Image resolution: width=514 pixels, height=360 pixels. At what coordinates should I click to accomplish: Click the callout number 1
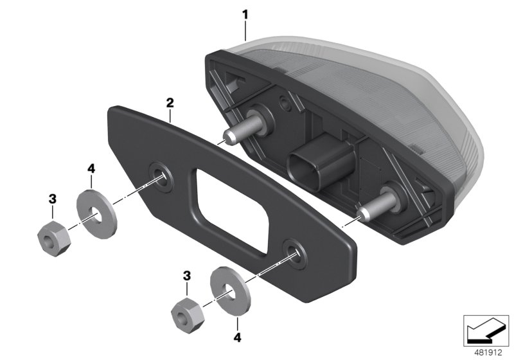(245, 13)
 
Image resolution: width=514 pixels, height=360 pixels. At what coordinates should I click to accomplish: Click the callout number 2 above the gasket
(170, 102)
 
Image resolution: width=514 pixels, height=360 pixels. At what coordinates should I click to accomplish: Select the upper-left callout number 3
(52, 201)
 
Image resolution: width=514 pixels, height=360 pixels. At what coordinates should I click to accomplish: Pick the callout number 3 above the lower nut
(186, 275)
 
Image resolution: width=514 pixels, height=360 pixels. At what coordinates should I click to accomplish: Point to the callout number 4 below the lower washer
(238, 336)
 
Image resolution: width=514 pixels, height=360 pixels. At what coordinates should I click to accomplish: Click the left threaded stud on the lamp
(238, 131)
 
